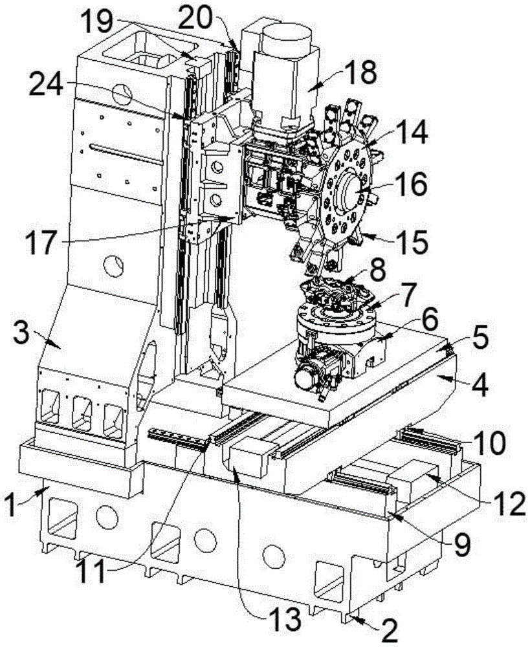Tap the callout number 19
tap(97, 21)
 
